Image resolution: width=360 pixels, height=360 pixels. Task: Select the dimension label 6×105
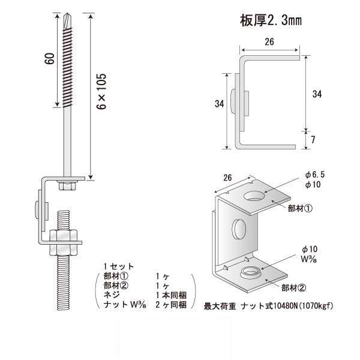tap(102, 95)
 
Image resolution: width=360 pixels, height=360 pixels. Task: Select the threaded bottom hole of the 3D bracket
tap(251, 274)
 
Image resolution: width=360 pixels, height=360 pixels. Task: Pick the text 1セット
tap(118, 266)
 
